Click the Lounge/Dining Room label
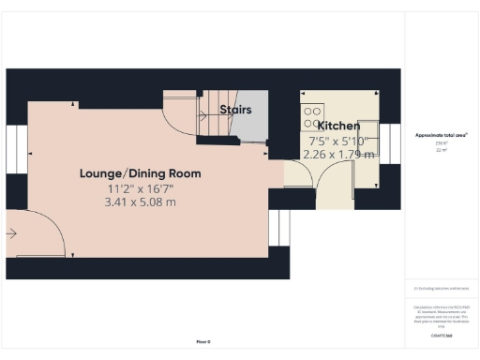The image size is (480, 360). pos(141,173)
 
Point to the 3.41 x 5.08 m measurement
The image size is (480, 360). pos(141,202)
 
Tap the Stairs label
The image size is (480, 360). pos(235,110)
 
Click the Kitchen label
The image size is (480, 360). pos(338,125)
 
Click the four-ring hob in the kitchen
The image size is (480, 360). pos(308,115)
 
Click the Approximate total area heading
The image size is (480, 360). pos(442,135)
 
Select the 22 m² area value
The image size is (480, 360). pos(441,150)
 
